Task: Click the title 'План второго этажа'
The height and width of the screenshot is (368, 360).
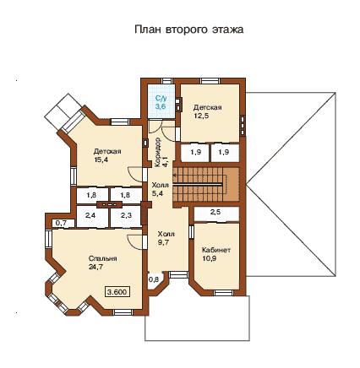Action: pyautogui.click(x=188, y=30)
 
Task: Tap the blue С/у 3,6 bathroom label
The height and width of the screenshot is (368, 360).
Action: pyautogui.click(x=161, y=102)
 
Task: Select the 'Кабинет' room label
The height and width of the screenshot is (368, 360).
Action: pyautogui.click(x=216, y=250)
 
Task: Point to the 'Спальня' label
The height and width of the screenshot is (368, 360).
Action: pyautogui.click(x=102, y=258)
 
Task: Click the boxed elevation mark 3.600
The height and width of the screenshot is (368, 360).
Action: pyautogui.click(x=117, y=292)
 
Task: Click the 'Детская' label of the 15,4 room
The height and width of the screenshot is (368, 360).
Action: pyautogui.click(x=107, y=151)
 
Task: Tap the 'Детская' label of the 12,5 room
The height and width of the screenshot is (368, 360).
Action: pyautogui.click(x=207, y=107)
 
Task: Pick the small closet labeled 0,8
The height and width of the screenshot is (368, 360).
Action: pyautogui.click(x=154, y=280)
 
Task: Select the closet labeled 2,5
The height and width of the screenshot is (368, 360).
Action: pyautogui.click(x=216, y=214)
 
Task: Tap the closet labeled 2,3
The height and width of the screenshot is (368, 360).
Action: pyautogui.click(x=126, y=216)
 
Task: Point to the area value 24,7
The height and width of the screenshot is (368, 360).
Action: pyautogui.click(x=95, y=267)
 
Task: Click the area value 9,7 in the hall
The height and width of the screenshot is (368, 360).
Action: pyautogui.click(x=164, y=242)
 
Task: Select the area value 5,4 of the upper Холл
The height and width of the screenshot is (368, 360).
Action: pyautogui.click(x=158, y=193)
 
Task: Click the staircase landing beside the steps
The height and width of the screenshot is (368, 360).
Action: pyautogui.click(x=232, y=185)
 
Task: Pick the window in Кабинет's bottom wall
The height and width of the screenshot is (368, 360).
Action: pyautogui.click(x=223, y=293)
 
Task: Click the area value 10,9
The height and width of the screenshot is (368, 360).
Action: pyautogui.click(x=210, y=258)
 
